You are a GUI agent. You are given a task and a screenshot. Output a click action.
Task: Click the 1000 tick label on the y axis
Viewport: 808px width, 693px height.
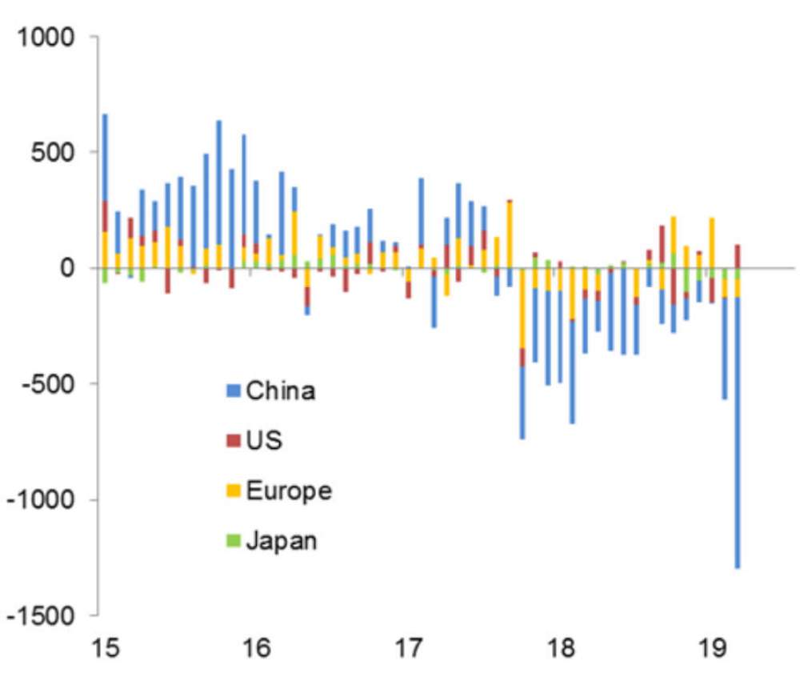(x=47, y=38)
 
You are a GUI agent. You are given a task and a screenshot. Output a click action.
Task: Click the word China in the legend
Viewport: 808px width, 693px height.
(x=280, y=391)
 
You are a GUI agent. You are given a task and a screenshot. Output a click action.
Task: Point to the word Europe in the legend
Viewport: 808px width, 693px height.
(x=288, y=491)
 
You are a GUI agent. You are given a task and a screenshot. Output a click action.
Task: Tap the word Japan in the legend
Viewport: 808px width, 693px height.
(x=281, y=541)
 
